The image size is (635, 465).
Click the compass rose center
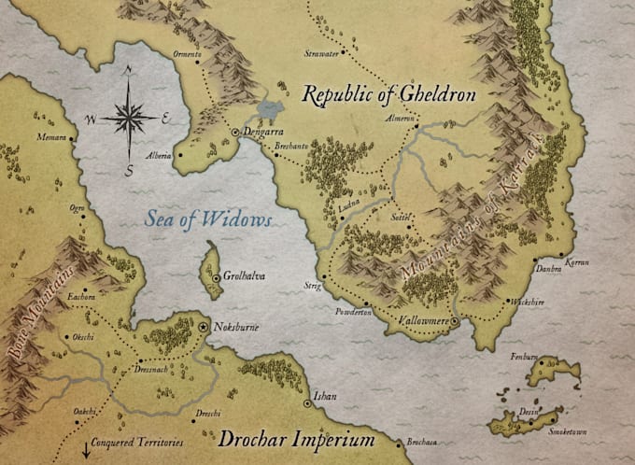click(130, 118)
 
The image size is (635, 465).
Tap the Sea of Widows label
click(208, 220)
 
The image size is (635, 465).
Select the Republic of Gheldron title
click(388, 95)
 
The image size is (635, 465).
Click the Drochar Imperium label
click(296, 439)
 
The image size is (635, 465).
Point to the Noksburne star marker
click(204, 329)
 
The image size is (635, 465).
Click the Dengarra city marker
click(235, 134)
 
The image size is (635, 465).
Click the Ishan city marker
click(307, 404)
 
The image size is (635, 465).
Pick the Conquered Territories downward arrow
click(85, 446)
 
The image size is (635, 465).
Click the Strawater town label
click(320, 55)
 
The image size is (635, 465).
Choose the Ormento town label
click(187, 53)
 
